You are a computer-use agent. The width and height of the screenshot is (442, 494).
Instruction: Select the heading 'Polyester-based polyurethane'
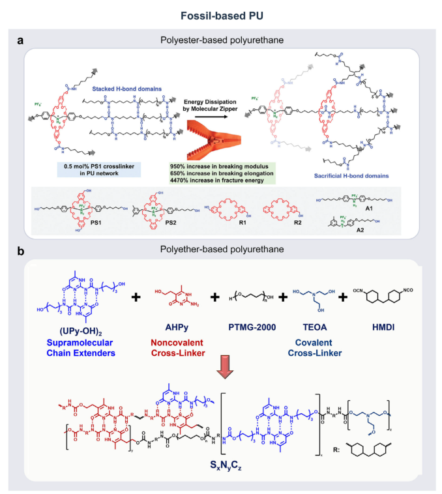click(220, 40)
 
